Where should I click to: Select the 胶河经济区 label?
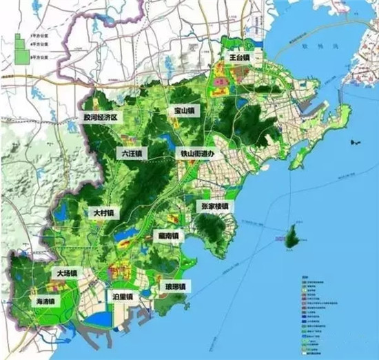(x=101, y=118)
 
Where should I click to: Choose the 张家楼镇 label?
(x=213, y=206)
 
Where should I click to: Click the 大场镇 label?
(x=68, y=273)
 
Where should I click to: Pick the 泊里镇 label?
(x=123, y=296)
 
